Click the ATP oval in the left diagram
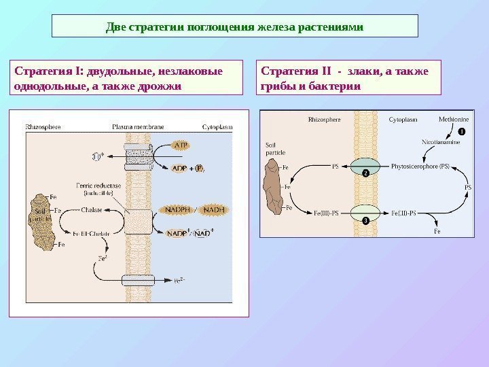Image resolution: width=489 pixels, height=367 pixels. [181, 145]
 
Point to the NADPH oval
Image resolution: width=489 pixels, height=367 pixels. [175, 210]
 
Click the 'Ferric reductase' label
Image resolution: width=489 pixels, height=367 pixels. [102, 185]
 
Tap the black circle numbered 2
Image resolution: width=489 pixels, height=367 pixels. [365, 174]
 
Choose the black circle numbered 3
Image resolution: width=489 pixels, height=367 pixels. [365, 221]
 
